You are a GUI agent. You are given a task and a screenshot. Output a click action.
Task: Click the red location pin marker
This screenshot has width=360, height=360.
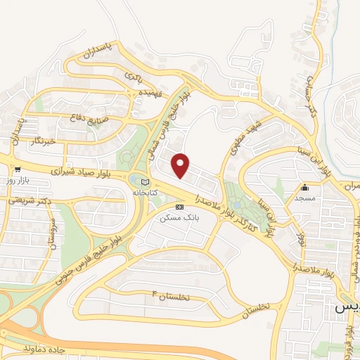coord(181,165)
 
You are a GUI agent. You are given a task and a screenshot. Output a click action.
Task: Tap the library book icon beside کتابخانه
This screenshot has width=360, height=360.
coord(146,182)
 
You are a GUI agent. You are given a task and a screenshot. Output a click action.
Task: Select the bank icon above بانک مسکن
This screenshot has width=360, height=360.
coord(179,207)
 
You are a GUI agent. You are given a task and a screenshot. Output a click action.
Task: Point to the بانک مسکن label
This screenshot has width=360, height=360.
coord(177,219)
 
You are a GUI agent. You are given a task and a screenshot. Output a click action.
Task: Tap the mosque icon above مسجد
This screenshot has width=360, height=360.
coord(305,188)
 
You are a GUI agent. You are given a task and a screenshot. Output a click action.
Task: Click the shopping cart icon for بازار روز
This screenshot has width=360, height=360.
coord(18,169)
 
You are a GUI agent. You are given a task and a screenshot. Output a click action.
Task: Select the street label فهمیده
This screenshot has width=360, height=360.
coord(150,92)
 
